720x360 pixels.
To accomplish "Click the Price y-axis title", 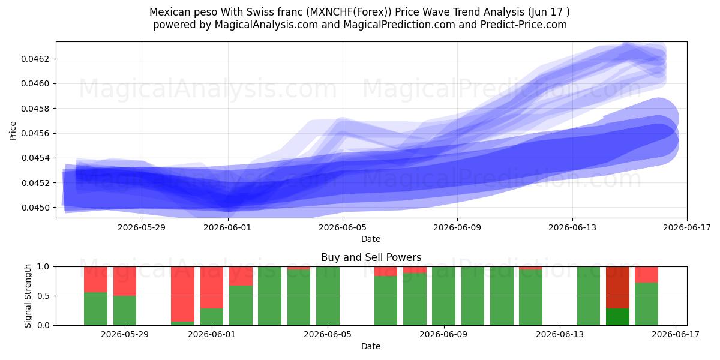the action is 13,131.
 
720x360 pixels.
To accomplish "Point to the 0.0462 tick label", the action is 35,59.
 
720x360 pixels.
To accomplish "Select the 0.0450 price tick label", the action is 35,208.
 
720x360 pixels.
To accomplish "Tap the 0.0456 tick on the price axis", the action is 35,133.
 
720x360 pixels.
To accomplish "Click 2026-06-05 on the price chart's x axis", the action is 343,227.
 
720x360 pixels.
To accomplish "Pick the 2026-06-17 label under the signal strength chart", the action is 676,334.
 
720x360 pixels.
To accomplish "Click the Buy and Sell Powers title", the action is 371,257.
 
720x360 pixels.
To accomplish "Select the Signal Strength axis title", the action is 28,296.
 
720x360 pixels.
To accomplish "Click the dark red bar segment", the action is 617,287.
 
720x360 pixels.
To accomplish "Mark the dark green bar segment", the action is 617,317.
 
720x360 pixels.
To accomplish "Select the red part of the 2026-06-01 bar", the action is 212,287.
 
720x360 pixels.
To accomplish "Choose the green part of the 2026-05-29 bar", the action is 125,310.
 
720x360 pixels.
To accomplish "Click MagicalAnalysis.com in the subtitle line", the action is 266,25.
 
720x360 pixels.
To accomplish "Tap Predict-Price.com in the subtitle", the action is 524,25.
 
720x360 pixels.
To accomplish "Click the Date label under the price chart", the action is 371,239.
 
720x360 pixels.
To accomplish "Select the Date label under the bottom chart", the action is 371,346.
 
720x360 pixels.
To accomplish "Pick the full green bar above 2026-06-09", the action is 443,296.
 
